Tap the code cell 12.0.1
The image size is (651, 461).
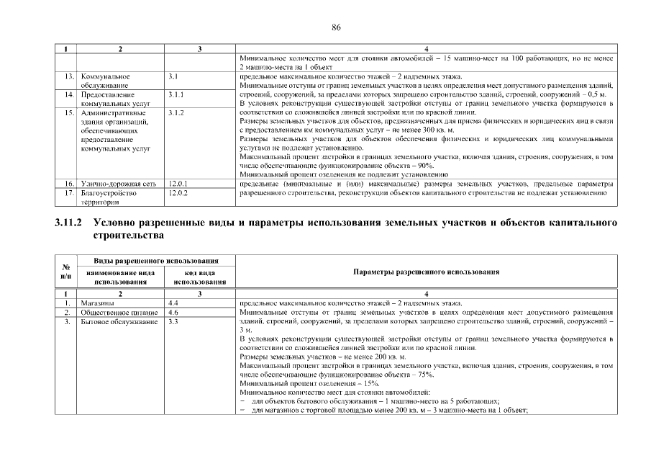point(177,184)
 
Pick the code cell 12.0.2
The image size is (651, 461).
point(177,193)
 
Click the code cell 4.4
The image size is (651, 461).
point(173,303)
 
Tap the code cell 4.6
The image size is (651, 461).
point(173,313)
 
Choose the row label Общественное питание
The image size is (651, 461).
point(118,313)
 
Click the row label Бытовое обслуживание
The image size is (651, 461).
point(119,322)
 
